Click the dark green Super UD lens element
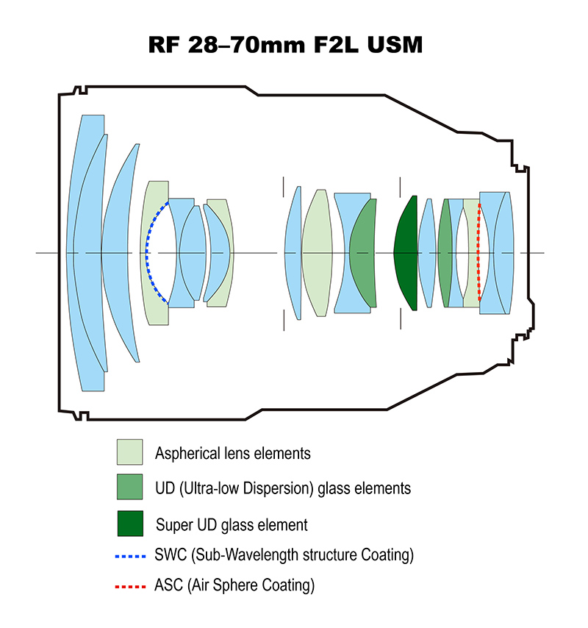[x=406, y=253]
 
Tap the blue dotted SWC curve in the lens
[x=147, y=252]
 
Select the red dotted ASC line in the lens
[x=478, y=252]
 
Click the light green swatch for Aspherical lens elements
[x=129, y=452]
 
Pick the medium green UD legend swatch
[x=129, y=487]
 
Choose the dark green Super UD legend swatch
[x=130, y=524]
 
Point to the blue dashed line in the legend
[x=130, y=557]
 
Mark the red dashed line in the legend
[x=130, y=587]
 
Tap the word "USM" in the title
[x=395, y=44]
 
